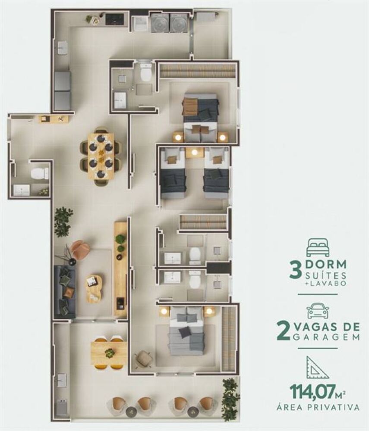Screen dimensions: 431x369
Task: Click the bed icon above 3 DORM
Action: (x=317, y=248)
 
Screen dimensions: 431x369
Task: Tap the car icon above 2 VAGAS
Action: (x=317, y=310)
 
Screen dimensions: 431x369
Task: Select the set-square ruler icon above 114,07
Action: (x=317, y=367)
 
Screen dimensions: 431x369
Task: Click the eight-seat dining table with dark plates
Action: (x=101, y=156)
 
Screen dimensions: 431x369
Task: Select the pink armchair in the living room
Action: (x=80, y=250)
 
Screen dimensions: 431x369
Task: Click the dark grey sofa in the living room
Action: (x=64, y=291)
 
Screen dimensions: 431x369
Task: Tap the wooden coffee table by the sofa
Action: (x=94, y=287)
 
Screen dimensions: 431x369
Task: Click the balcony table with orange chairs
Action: (x=109, y=353)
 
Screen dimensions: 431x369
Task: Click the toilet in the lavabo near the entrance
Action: (x=40, y=174)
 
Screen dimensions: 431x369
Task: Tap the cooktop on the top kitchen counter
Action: (x=114, y=19)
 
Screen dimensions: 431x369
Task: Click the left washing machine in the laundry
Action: (x=160, y=23)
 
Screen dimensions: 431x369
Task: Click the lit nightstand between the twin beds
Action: (x=194, y=152)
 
